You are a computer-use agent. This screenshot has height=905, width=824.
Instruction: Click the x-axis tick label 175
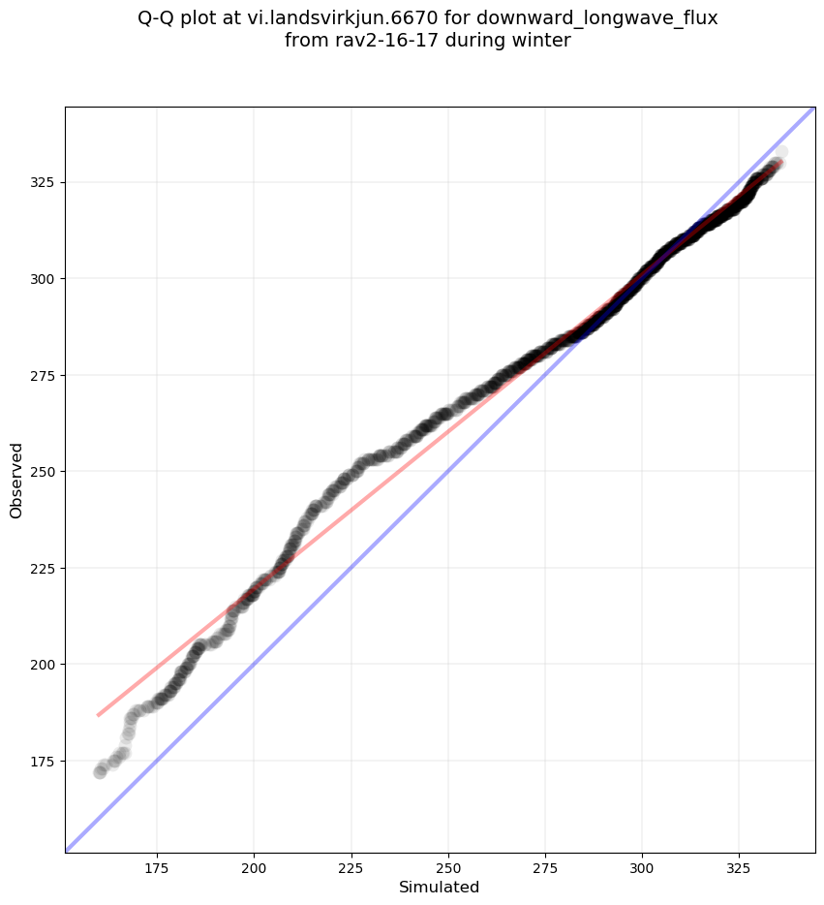click(x=157, y=868)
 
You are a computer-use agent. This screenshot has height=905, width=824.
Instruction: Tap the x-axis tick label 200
click(x=254, y=868)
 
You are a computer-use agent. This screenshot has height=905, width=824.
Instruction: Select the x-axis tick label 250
click(x=447, y=868)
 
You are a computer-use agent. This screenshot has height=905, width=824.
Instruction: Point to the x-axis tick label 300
click(x=642, y=868)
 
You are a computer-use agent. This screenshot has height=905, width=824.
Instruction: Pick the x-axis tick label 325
click(x=739, y=868)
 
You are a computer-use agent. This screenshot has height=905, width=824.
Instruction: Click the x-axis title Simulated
click(x=440, y=887)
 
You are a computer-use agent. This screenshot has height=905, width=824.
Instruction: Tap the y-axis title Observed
click(x=16, y=480)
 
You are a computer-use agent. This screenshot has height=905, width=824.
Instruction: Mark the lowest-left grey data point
click(x=100, y=772)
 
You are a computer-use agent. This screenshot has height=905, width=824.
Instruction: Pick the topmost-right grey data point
click(x=779, y=152)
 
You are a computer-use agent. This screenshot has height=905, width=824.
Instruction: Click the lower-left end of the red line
click(x=98, y=715)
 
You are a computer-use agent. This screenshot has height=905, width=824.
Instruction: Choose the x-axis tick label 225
click(x=351, y=868)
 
